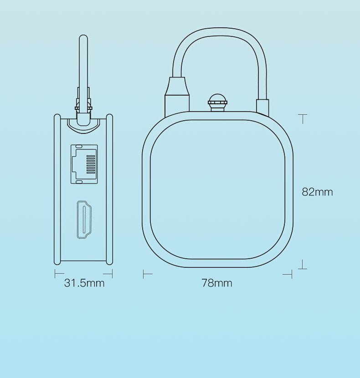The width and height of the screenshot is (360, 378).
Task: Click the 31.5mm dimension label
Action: (84, 283)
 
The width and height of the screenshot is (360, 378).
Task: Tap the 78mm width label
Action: (217, 283)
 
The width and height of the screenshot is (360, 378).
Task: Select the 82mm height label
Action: (317, 192)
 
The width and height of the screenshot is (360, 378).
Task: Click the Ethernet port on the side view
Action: (84, 164)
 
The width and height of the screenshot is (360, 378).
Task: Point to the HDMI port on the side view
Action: (84, 220)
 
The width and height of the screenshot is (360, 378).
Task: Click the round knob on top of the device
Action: (217, 101)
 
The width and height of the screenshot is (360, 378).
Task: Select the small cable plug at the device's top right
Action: (263, 106)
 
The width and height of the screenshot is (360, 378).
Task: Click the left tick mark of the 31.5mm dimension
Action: (56, 274)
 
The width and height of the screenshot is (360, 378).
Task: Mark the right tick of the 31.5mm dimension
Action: (112, 274)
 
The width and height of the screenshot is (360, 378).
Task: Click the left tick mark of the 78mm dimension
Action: (144, 274)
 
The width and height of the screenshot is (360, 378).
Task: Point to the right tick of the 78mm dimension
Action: (291, 274)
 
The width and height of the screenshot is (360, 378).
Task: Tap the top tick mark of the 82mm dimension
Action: (303, 115)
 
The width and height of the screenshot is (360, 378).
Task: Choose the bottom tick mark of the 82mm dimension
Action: (303, 268)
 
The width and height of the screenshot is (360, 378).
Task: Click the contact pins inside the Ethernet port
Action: (90, 164)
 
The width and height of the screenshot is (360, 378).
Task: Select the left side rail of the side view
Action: (57, 189)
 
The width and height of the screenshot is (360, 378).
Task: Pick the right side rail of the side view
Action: (109, 189)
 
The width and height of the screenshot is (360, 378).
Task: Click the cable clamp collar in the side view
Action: (83, 108)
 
